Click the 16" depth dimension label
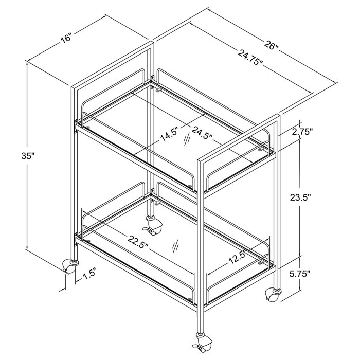(x=66, y=38)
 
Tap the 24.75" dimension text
(x=250, y=58)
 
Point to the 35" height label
(x=28, y=156)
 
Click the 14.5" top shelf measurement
(x=169, y=134)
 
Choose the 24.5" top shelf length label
(x=202, y=133)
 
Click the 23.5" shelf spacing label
(x=300, y=197)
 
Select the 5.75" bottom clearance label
(x=300, y=274)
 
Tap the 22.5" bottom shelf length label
(x=138, y=242)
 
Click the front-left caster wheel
(x=69, y=266)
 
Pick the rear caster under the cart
(x=153, y=226)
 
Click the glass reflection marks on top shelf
(x=187, y=139)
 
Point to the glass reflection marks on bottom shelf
(x=176, y=247)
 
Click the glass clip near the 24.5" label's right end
(x=261, y=149)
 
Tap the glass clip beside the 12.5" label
(x=260, y=262)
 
